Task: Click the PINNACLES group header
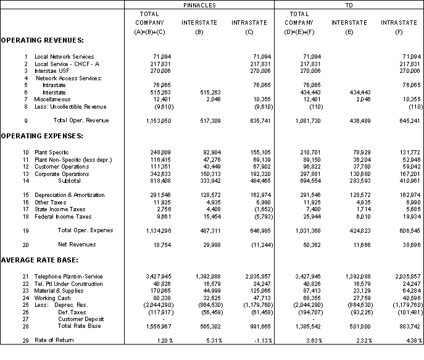pos(199,4)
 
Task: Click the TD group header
pos(349,4)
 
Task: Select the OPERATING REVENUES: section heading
pos(42,40)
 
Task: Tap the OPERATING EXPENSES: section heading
pos(42,135)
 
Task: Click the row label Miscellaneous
pos(52,99)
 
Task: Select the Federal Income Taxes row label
pos(63,217)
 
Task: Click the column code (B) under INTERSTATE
pos(199,31)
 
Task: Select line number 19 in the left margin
pos(25,230)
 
